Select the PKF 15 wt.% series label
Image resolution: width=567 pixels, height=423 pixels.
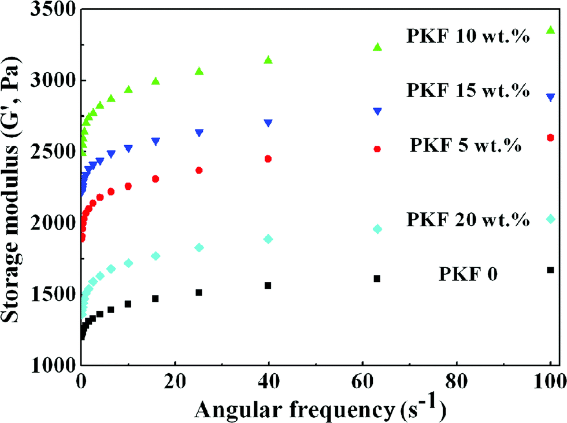pyautogui.click(x=468, y=91)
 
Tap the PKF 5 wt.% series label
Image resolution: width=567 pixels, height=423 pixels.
pyautogui.click(x=466, y=145)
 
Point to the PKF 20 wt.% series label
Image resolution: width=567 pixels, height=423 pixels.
pyautogui.click(x=468, y=220)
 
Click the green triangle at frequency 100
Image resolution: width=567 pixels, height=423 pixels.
pyautogui.click(x=550, y=30)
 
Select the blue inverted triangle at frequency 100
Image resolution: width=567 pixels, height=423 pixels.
pyautogui.click(x=550, y=98)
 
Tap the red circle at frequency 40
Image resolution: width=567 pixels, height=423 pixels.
pyautogui.click(x=268, y=159)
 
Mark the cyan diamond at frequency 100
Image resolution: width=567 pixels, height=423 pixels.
pyautogui.click(x=550, y=219)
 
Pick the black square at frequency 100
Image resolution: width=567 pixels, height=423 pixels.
pyautogui.click(x=550, y=270)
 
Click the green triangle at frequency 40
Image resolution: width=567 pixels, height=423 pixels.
pyautogui.click(x=268, y=60)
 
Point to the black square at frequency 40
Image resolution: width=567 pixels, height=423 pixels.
pyautogui.click(x=268, y=285)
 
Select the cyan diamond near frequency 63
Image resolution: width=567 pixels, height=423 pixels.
pyautogui.click(x=377, y=229)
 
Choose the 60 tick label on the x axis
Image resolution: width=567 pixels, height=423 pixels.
pyautogui.click(x=362, y=383)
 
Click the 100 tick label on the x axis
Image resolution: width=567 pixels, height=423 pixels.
pyautogui.click(x=550, y=383)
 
